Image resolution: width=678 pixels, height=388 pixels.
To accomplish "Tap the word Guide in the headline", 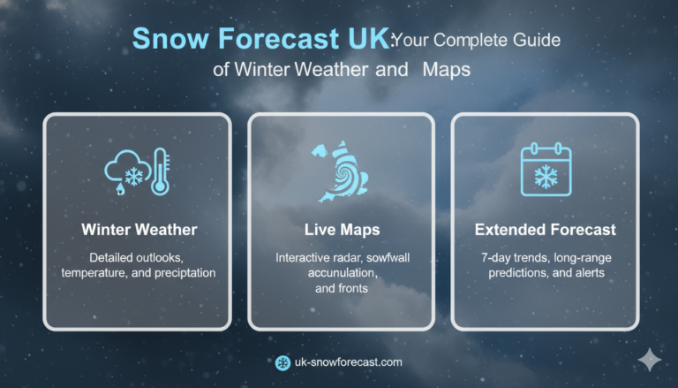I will click(531, 40).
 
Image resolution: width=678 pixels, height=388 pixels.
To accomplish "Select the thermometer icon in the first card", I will click(161, 171).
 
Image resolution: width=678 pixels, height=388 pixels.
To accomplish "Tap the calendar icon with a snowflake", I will click(546, 170).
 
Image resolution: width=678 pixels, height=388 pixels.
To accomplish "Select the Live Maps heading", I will click(341, 230).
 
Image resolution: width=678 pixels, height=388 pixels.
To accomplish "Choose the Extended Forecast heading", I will click(545, 230).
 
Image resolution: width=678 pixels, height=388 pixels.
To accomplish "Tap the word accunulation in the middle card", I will click(341, 272).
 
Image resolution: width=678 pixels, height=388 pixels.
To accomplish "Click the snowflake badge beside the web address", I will click(282, 362).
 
